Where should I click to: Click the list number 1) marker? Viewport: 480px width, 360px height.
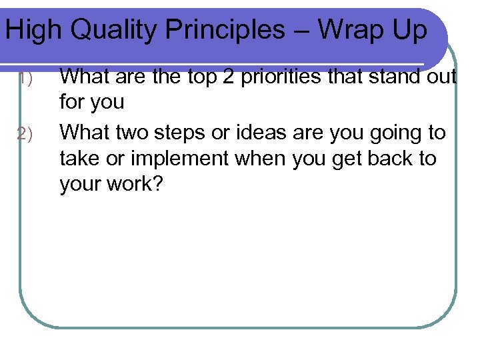(x=25, y=79)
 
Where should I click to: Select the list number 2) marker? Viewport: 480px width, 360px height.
(x=25, y=133)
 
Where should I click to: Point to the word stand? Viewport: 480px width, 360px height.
(x=392, y=77)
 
